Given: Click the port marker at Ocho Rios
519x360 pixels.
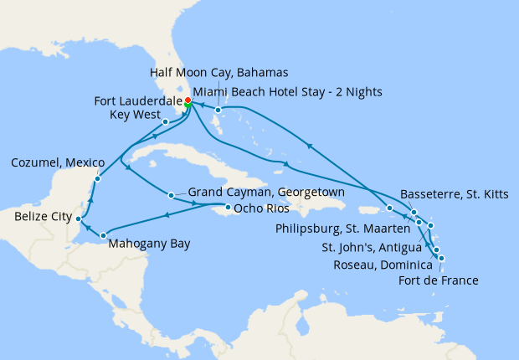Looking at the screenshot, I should [x=229, y=206].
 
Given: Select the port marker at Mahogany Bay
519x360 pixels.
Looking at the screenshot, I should [x=103, y=235].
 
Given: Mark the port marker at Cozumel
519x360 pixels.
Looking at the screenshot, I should [x=98, y=177].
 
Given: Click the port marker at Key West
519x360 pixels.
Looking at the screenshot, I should [x=166, y=122].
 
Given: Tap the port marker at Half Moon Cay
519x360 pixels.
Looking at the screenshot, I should [x=218, y=110].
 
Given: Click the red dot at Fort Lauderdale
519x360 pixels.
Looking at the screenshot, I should [x=188, y=100].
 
